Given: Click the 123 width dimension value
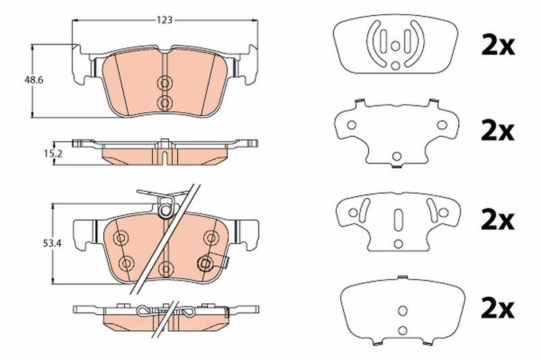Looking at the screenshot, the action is [x=164, y=20].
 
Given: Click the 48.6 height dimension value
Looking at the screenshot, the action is [x=33, y=80].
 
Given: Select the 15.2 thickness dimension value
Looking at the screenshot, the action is [x=53, y=154].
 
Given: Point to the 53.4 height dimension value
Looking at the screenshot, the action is [x=52, y=244].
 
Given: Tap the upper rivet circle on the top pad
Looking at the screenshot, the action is [x=165, y=82].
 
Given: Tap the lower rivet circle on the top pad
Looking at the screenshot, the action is [x=165, y=102].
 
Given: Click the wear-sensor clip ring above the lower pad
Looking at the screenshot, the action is [x=165, y=209].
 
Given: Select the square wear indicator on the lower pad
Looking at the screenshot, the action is [x=206, y=264].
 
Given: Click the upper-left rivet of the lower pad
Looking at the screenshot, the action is [x=120, y=238].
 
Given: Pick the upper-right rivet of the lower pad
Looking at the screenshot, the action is [x=211, y=237].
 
